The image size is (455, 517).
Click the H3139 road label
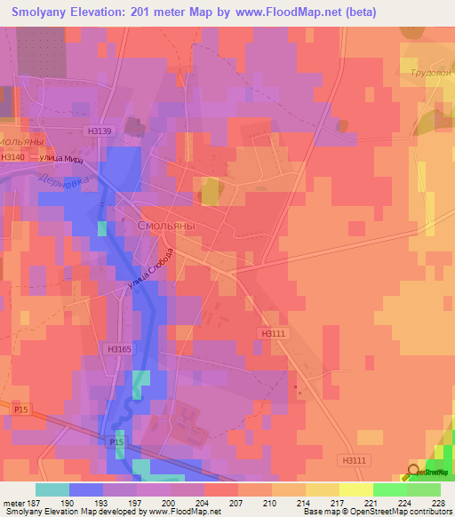coord(100,131)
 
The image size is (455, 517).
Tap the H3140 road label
coord(13,157)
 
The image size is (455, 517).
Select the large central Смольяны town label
coord(166,227)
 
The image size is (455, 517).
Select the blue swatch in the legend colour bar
coord(86,489)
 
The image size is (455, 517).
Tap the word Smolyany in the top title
coord(49,12)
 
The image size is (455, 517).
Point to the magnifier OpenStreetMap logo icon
coord(414,471)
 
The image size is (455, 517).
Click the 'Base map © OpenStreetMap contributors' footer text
coord(377,512)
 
